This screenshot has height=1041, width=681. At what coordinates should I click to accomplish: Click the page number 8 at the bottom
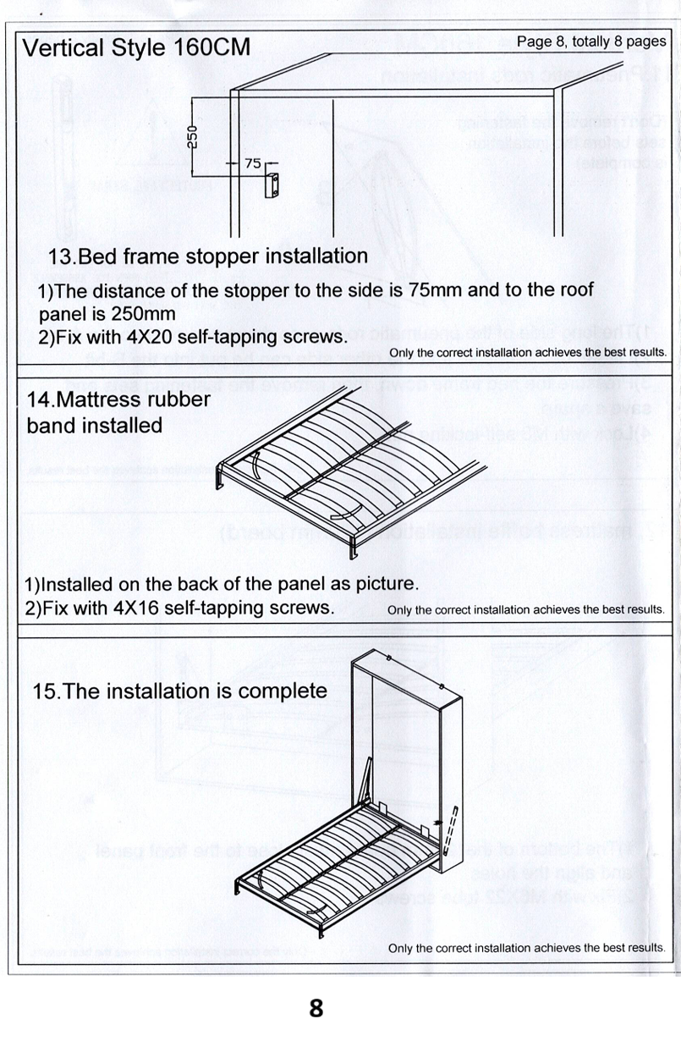[316, 1008]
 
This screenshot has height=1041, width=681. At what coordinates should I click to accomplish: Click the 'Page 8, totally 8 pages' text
[590, 41]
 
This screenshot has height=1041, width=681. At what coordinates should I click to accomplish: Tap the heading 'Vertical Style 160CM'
[136, 47]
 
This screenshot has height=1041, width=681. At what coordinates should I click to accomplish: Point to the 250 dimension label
[193, 135]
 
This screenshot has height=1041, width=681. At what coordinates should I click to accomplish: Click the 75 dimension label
[252, 164]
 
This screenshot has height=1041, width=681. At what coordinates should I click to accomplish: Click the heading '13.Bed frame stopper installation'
[208, 256]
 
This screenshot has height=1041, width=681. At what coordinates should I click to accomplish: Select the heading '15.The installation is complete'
[179, 691]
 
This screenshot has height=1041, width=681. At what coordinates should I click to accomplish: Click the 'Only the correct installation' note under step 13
[528, 352]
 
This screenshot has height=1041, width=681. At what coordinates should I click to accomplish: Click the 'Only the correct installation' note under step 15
[526, 948]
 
